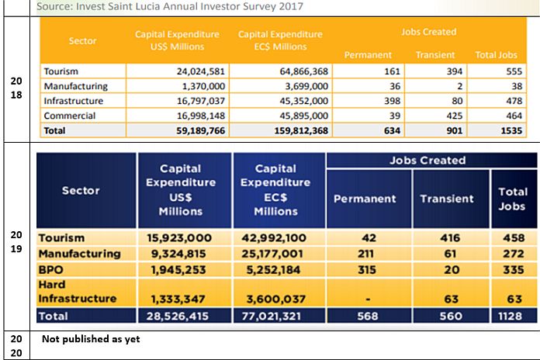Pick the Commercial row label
70,116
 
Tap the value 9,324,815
182,253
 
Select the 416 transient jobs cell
446,237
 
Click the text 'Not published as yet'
92,338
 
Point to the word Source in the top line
52,6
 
